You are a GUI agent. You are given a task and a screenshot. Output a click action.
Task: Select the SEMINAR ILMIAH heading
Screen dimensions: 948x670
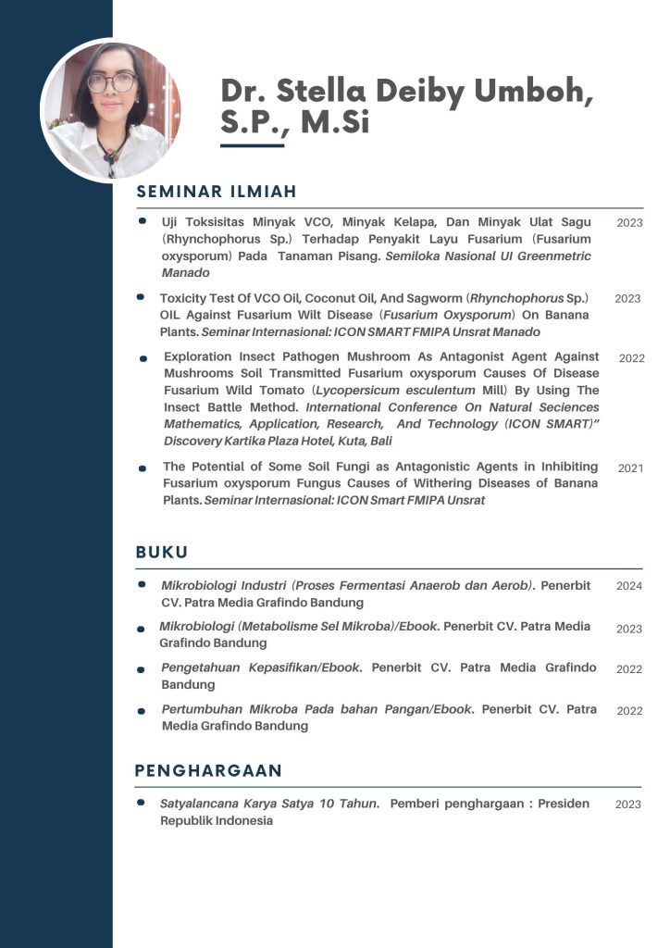pos(216,192)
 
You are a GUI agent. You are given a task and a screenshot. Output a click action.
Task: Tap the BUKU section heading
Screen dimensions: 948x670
pos(162,553)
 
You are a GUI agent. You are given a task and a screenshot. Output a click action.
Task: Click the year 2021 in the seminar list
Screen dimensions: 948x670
pos(630,468)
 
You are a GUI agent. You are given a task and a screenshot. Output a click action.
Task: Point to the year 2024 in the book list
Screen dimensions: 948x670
pos(629,586)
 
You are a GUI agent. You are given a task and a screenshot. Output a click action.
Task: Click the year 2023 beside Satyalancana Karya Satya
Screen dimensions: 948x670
pos(628,805)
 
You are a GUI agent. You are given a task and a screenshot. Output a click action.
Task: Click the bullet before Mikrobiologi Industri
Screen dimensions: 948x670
pos(142,585)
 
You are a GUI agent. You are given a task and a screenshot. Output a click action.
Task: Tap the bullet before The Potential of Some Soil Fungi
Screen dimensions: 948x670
pos(143,468)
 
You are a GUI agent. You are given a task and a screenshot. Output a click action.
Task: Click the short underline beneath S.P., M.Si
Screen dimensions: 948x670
pos(252,145)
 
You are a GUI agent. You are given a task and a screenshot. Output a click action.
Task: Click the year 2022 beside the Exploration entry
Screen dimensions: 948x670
pos(631,358)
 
